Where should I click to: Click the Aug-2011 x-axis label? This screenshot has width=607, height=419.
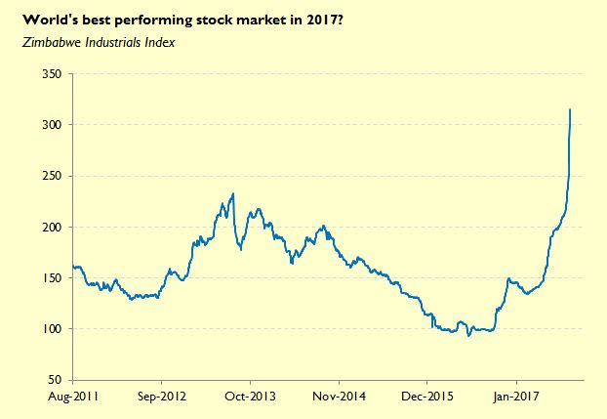tap(72, 397)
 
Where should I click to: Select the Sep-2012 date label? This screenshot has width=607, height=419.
tap(161, 397)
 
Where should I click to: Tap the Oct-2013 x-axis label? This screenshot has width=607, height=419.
tap(250, 397)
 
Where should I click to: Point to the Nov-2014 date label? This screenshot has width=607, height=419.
tap(339, 397)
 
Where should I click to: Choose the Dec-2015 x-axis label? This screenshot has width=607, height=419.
tap(427, 397)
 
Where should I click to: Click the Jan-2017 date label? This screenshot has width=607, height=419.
tap(515, 397)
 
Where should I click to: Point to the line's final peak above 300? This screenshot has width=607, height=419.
tap(570, 109)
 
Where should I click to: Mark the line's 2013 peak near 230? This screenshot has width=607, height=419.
tap(232, 194)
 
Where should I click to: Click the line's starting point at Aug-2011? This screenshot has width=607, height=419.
tap(73, 267)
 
